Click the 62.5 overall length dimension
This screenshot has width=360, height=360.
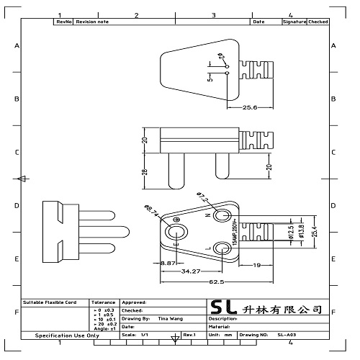pyautogui.click(x=215, y=281)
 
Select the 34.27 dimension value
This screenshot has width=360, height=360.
pyautogui.click(x=191, y=271)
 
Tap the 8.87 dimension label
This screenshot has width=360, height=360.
pyautogui.click(x=168, y=264)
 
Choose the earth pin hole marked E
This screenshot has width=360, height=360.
pyautogui.click(x=176, y=232)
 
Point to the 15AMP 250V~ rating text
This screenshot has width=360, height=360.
pyautogui.click(x=235, y=233)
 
